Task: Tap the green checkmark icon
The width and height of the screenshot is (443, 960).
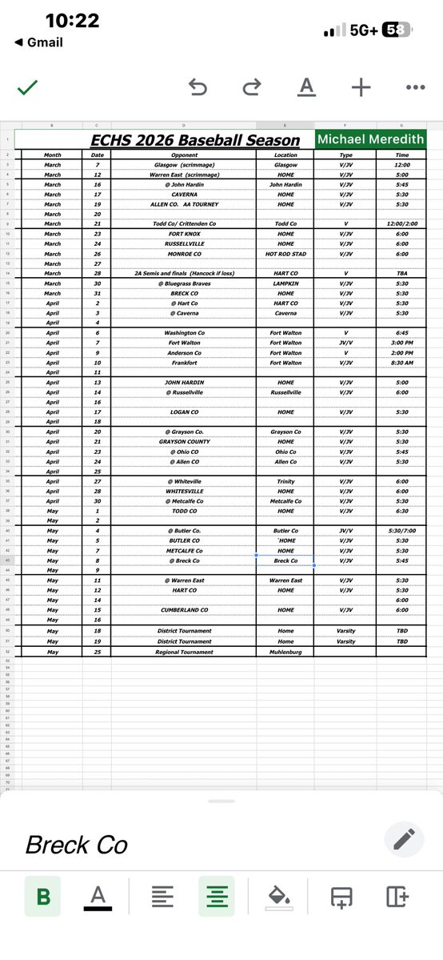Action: point(27,87)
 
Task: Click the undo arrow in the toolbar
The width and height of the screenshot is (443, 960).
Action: point(197,87)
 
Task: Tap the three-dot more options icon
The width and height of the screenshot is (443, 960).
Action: point(415,87)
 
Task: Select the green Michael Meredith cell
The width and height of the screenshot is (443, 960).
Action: point(371,140)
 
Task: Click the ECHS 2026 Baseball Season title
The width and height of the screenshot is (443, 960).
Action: point(195,141)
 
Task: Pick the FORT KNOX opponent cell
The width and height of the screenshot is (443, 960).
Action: point(184,234)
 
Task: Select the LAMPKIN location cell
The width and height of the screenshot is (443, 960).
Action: point(285,283)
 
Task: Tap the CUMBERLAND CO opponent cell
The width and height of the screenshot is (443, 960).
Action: point(184,609)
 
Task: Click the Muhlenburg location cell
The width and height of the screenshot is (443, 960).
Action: point(285,652)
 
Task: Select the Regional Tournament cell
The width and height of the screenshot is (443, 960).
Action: point(184,652)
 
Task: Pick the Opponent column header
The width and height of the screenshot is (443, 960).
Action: point(184,155)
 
